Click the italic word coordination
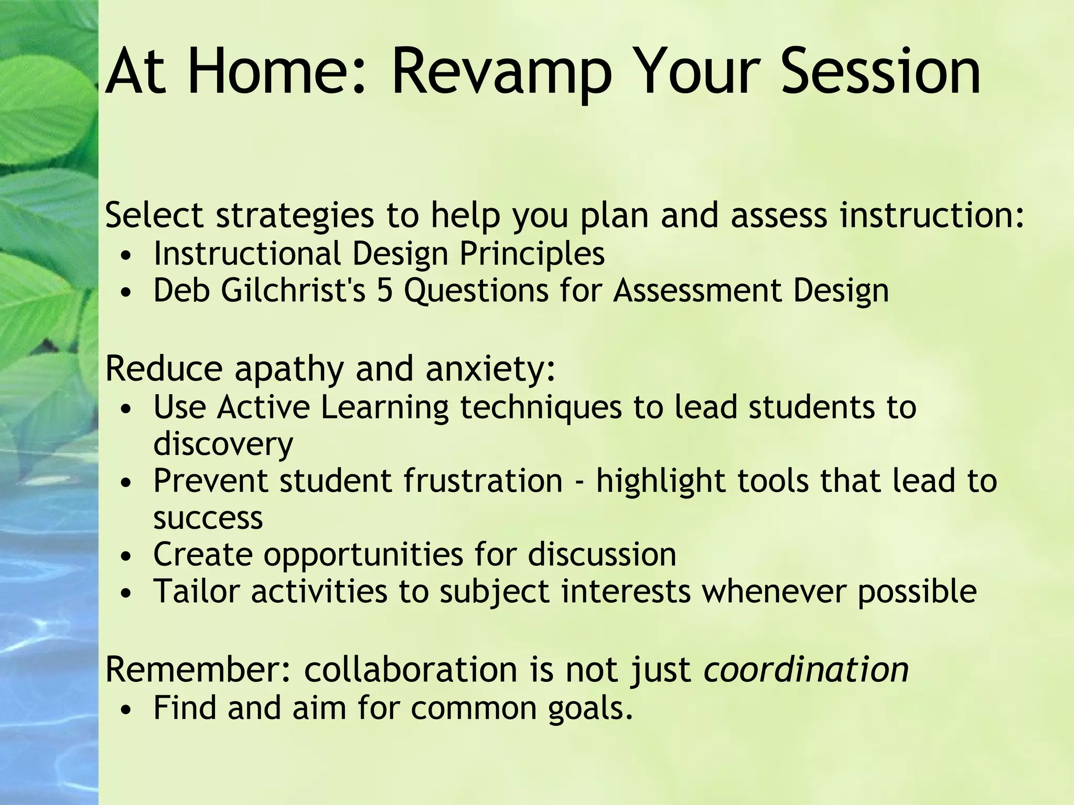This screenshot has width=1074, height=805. pyautogui.click(x=806, y=670)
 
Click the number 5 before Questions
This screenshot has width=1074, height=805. pyautogui.click(x=384, y=290)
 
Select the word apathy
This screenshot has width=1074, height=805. pyautogui.click(x=289, y=369)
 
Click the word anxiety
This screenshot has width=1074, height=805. pyautogui.click(x=490, y=369)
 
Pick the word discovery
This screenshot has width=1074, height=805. pyautogui.click(x=223, y=444)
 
